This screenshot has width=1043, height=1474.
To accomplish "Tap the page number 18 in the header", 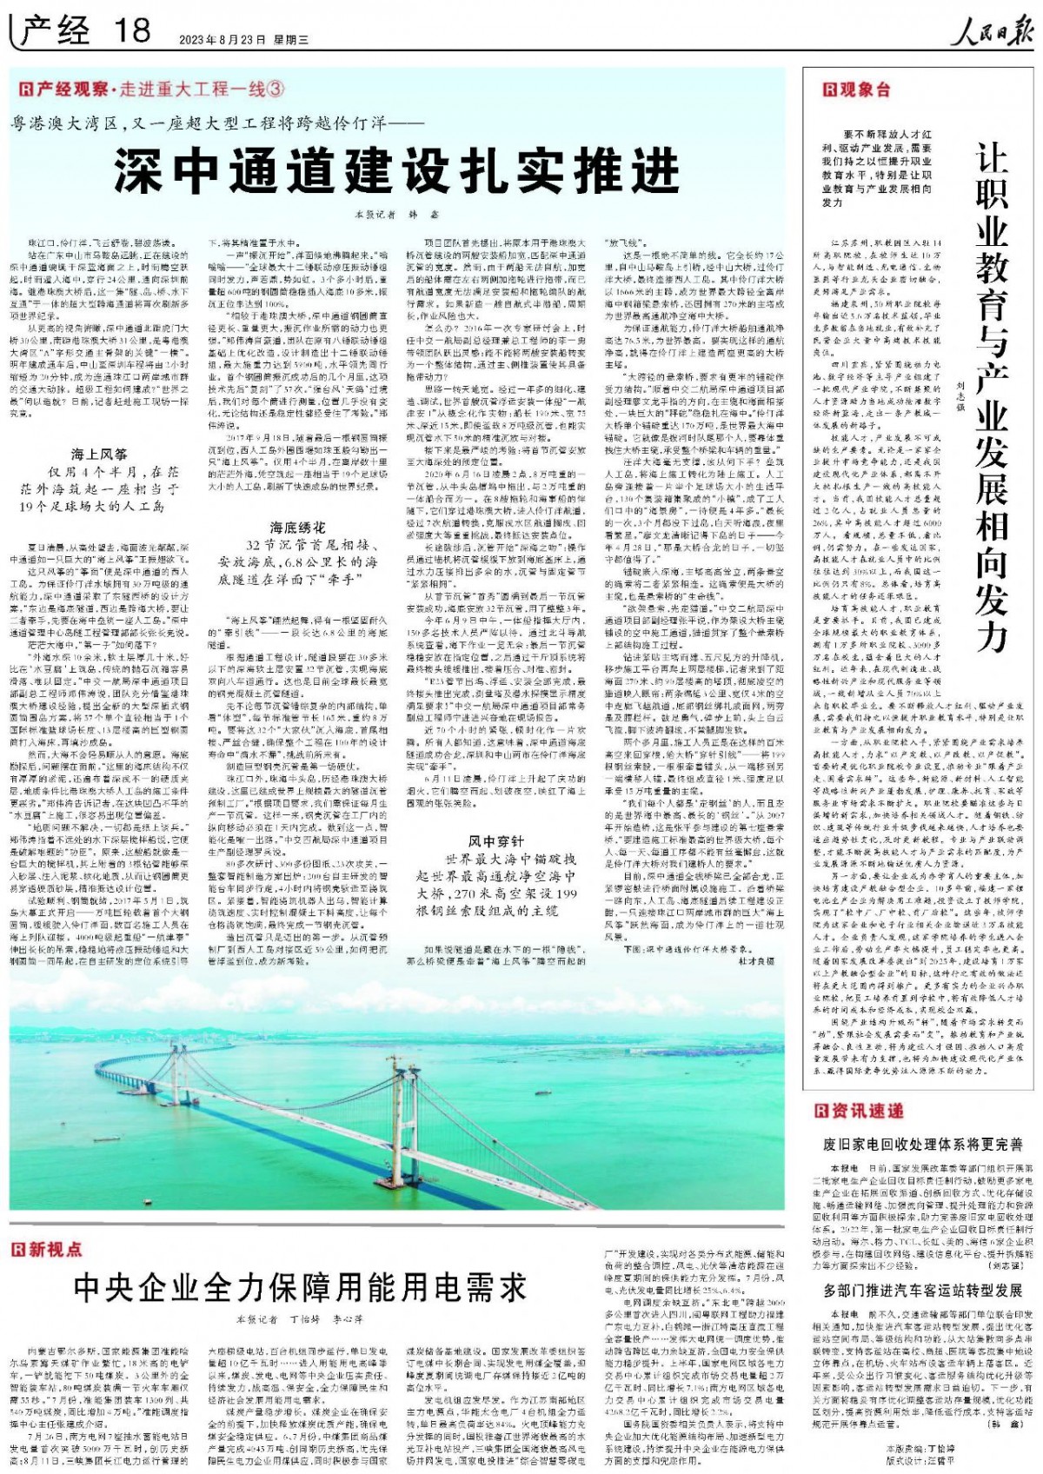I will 131,32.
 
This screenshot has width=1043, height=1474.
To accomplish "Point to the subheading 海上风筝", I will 99,454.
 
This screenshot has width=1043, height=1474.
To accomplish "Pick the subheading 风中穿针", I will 496,841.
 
